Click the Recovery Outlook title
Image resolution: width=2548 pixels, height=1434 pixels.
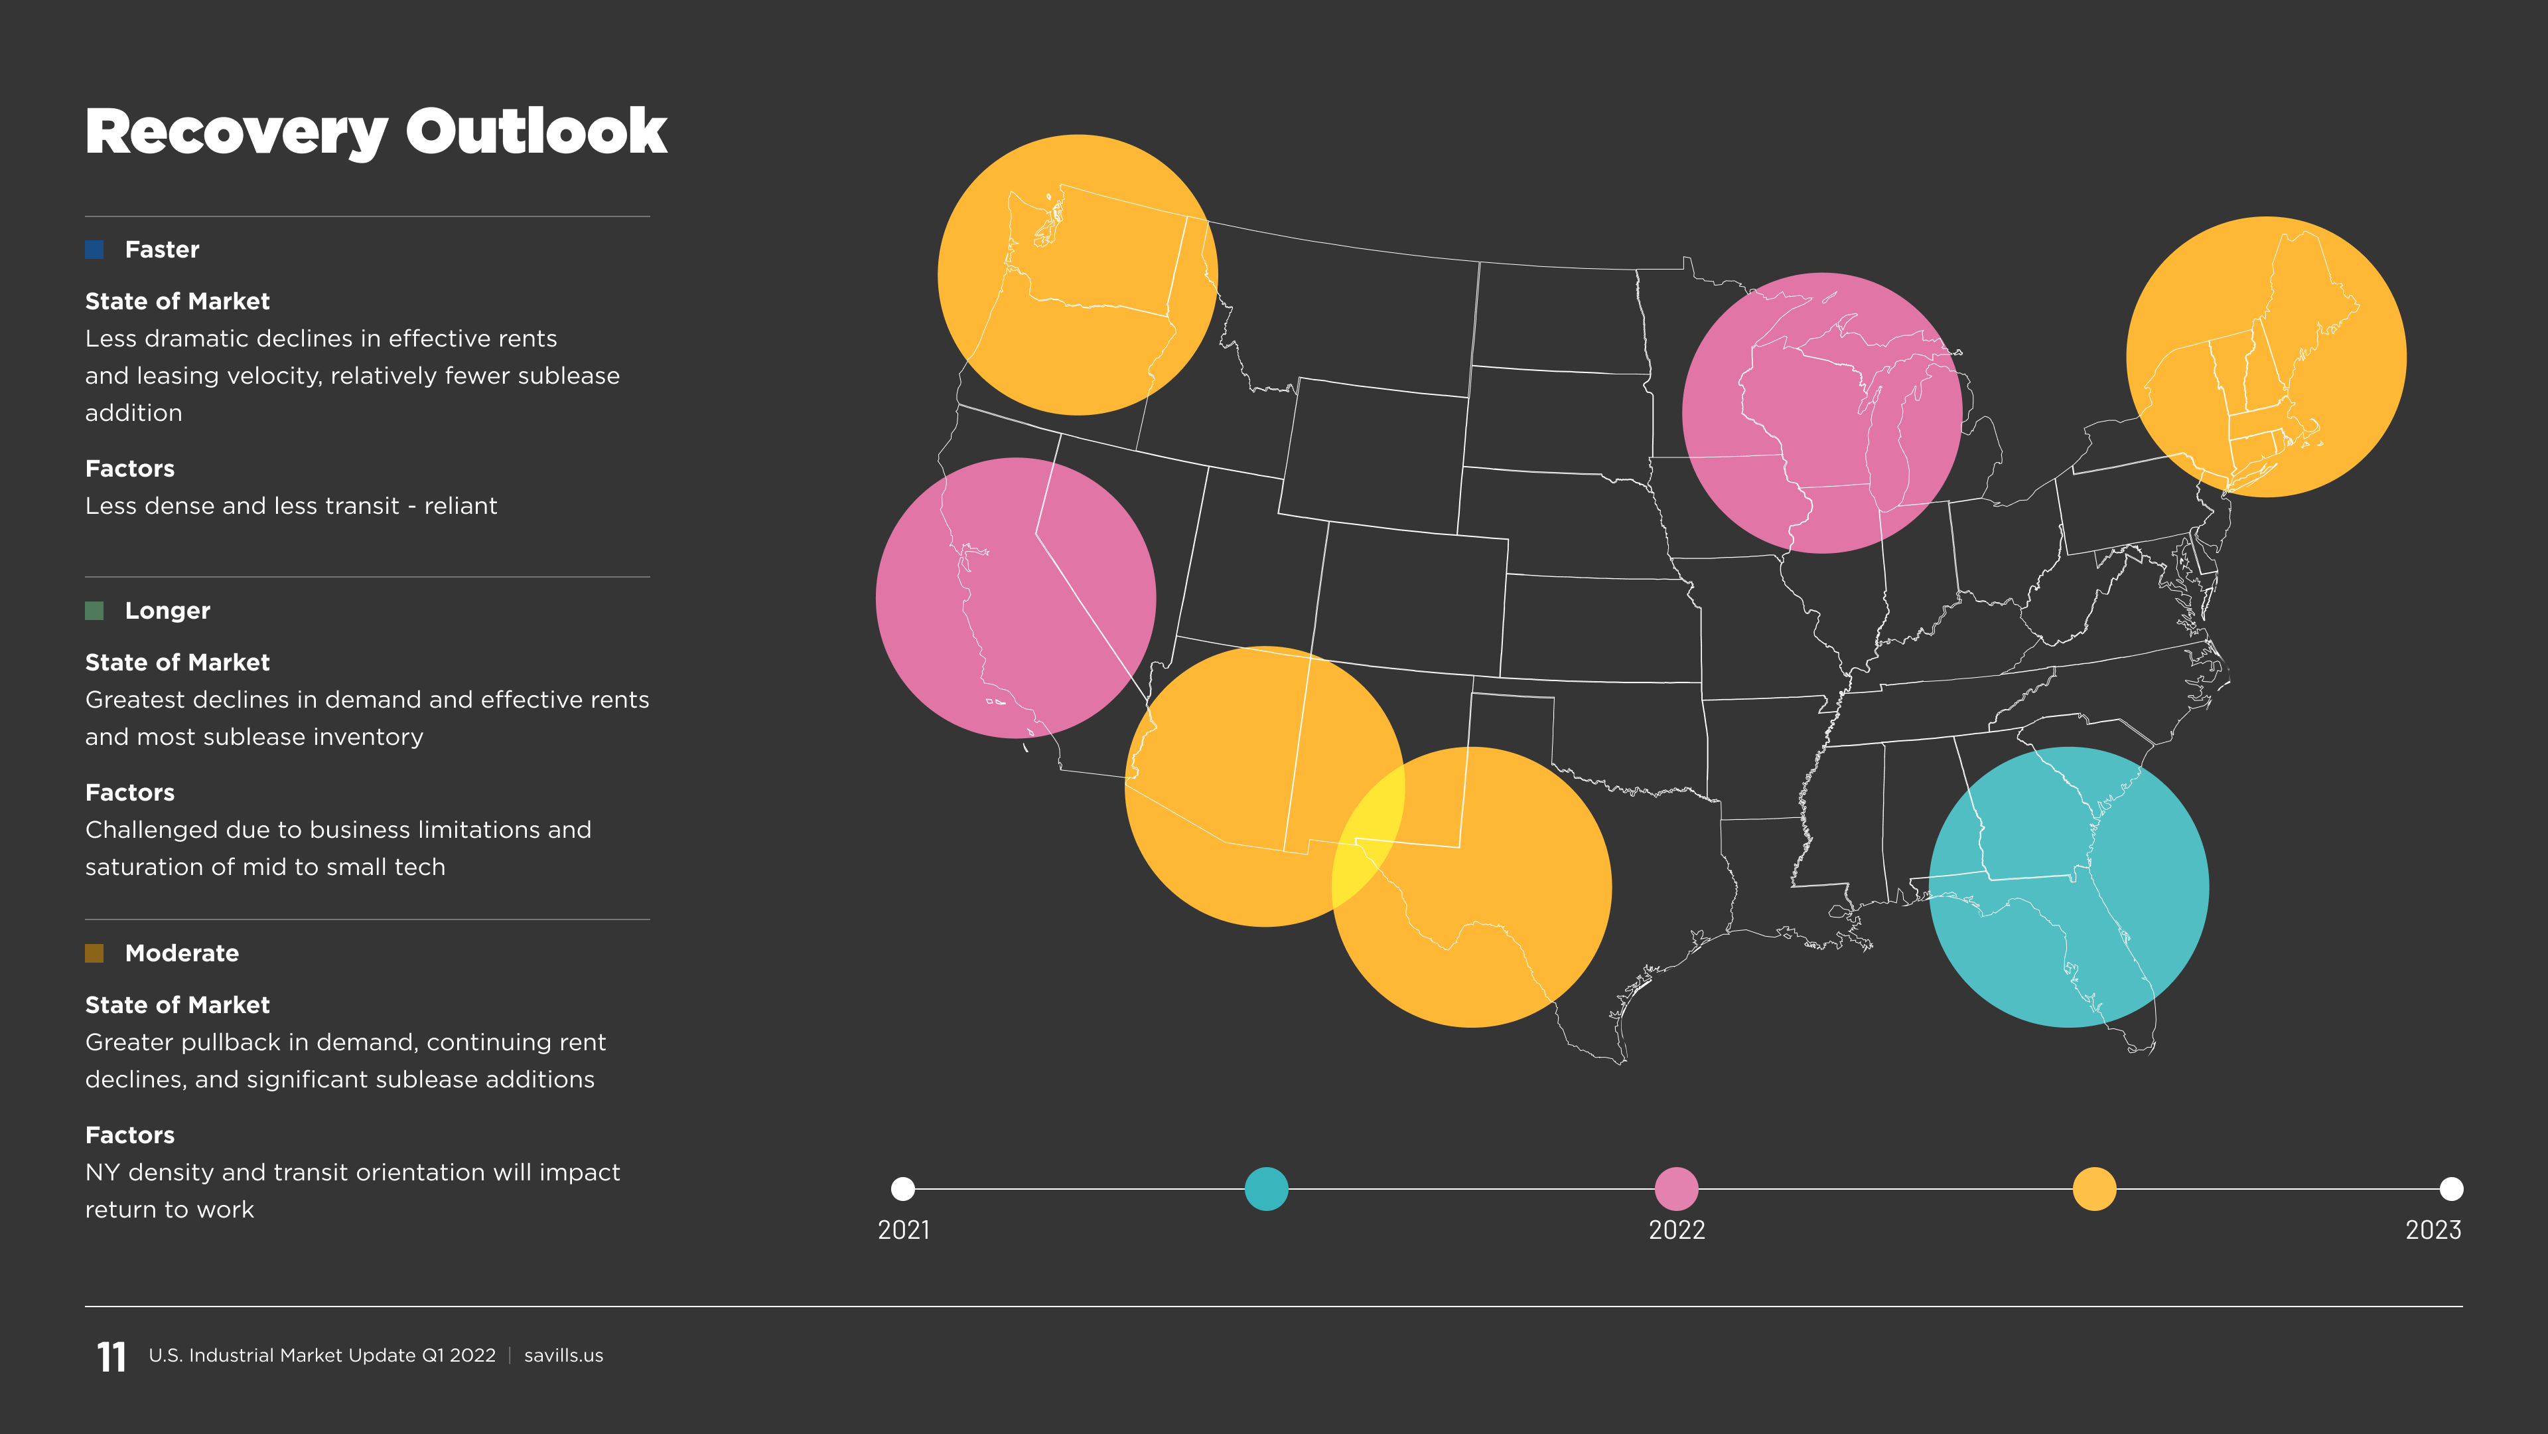[x=376, y=131]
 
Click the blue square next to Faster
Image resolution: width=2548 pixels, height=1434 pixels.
[x=95, y=250]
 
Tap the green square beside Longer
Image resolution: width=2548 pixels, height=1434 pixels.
[x=95, y=611]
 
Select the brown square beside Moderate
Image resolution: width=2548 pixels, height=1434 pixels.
[x=95, y=953]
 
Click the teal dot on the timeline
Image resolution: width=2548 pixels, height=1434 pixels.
[x=1266, y=1188]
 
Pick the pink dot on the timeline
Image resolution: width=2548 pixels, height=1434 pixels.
[x=1677, y=1188]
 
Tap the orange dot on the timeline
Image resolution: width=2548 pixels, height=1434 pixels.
[x=2094, y=1188]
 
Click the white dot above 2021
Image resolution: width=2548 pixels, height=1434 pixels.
[x=903, y=1188]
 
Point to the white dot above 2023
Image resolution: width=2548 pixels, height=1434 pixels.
[x=2451, y=1188]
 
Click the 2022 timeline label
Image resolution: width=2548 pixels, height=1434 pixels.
[x=1677, y=1230]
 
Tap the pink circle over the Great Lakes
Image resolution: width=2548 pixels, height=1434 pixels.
[x=1822, y=413]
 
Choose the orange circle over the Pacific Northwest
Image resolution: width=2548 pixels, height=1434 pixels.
[x=1077, y=275]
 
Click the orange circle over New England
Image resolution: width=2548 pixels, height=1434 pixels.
[x=2266, y=357]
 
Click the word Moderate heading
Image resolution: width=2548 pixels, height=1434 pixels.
[x=182, y=953]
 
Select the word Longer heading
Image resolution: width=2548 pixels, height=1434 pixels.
[x=167, y=611]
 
